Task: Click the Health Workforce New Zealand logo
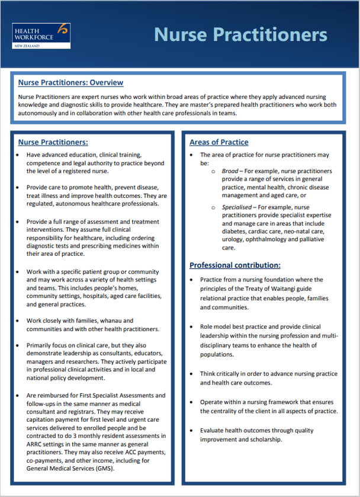tap(41, 36)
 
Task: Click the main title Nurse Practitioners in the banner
tap(240, 34)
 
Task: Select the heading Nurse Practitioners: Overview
tap(70, 83)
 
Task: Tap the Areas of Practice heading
tap(218, 142)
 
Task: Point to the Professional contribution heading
tap(234, 265)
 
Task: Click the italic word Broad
tap(230, 171)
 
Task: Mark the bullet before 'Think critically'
tap(192, 374)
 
